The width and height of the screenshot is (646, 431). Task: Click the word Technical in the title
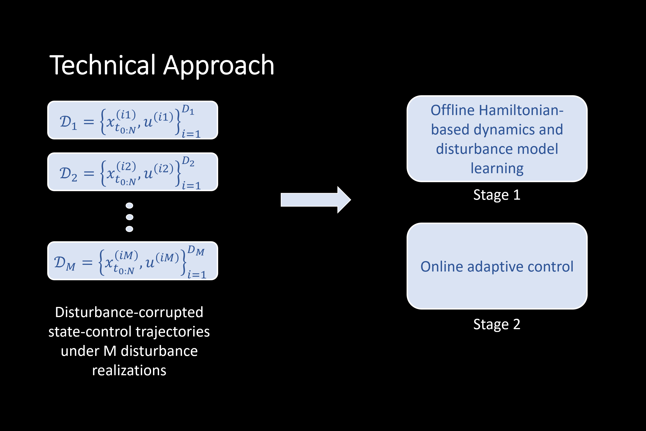tap(102, 65)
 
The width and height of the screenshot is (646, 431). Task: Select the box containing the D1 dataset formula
tap(133, 120)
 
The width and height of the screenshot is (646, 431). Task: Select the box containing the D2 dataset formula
tap(133, 172)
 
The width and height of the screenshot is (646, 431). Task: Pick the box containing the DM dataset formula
tap(133, 261)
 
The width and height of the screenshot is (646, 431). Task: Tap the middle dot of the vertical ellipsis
tap(129, 217)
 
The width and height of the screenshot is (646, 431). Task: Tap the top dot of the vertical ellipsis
tap(129, 206)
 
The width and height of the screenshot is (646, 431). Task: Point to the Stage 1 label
tap(497, 195)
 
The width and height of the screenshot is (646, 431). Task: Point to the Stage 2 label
tap(497, 324)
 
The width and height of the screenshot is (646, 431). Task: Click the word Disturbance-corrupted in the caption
tap(129, 312)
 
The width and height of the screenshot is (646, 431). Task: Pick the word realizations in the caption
tap(129, 370)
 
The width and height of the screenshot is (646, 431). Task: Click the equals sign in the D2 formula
tap(89, 173)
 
